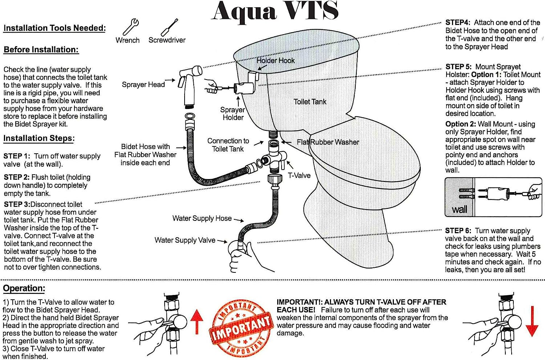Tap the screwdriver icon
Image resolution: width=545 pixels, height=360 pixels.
[x=169, y=27]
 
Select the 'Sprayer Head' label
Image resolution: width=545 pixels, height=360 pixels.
[x=143, y=85]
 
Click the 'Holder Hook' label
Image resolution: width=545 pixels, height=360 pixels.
[x=275, y=61]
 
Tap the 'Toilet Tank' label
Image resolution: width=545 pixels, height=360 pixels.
[x=310, y=102]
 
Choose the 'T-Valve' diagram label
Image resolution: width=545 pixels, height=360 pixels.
[x=299, y=175]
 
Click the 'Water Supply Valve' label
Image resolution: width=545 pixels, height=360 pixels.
[x=185, y=240]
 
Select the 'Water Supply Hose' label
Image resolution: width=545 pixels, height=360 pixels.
[x=202, y=218]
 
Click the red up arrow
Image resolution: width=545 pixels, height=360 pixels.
[x=197, y=321]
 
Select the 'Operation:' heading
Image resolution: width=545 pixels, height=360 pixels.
[x=24, y=288]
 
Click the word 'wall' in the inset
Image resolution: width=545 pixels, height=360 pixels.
[x=459, y=210]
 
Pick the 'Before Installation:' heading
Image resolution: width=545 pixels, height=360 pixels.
[x=41, y=50]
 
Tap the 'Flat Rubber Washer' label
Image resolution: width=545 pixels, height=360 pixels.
[x=328, y=142]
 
